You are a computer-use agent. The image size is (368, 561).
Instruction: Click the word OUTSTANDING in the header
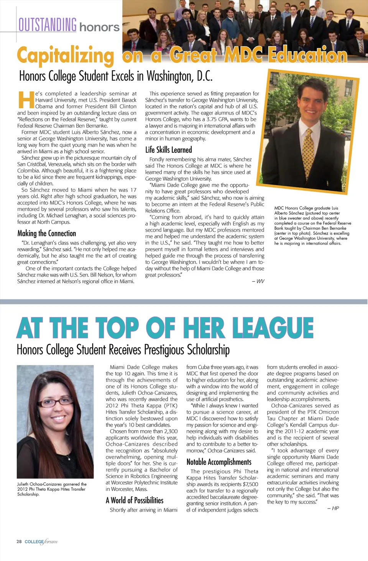(x=48, y=25)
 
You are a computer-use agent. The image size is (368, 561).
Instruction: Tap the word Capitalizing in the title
(x=66, y=56)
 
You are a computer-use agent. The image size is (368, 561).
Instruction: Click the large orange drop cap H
(x=26, y=100)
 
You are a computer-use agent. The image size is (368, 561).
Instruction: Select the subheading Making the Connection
(x=46, y=233)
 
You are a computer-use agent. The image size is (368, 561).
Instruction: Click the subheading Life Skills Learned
(x=168, y=150)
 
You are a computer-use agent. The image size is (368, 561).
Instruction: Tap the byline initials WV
(x=260, y=281)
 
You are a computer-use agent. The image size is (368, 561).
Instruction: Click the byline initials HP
(x=335, y=508)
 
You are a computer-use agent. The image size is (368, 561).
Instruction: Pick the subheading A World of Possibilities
(x=134, y=500)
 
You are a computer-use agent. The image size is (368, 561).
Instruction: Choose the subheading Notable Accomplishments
(x=219, y=462)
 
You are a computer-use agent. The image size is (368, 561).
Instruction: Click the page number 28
(x=19, y=542)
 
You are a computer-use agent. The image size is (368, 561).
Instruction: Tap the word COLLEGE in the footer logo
(x=34, y=542)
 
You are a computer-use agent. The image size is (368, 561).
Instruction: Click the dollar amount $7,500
(x=251, y=484)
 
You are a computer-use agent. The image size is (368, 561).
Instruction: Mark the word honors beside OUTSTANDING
(x=99, y=27)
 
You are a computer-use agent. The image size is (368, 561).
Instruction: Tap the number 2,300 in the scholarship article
(x=171, y=431)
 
